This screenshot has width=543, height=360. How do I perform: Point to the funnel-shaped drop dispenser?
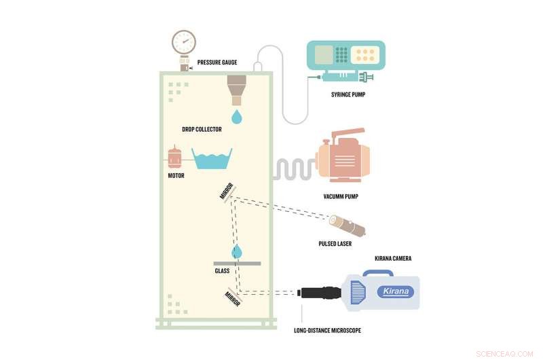pos(237,89)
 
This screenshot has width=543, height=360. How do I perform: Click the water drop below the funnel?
pos(236,117)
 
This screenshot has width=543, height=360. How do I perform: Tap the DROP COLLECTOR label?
pos(202,129)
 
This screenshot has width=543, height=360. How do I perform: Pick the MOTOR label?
pos(176,175)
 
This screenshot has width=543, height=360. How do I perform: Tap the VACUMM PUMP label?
pos(341,197)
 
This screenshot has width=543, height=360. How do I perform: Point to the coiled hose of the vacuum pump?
pos(293,169)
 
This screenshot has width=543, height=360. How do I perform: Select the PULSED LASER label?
pos(335,243)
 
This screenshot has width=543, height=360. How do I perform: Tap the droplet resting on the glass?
pos(237,253)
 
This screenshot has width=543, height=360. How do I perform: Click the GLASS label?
pos(222,270)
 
